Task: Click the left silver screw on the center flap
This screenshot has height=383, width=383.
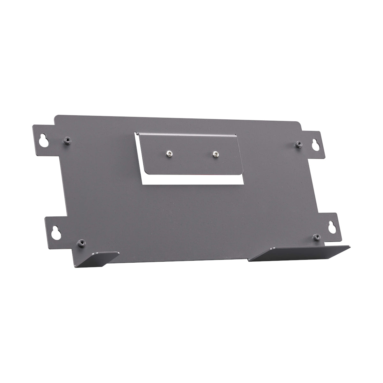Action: click(169, 154)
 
